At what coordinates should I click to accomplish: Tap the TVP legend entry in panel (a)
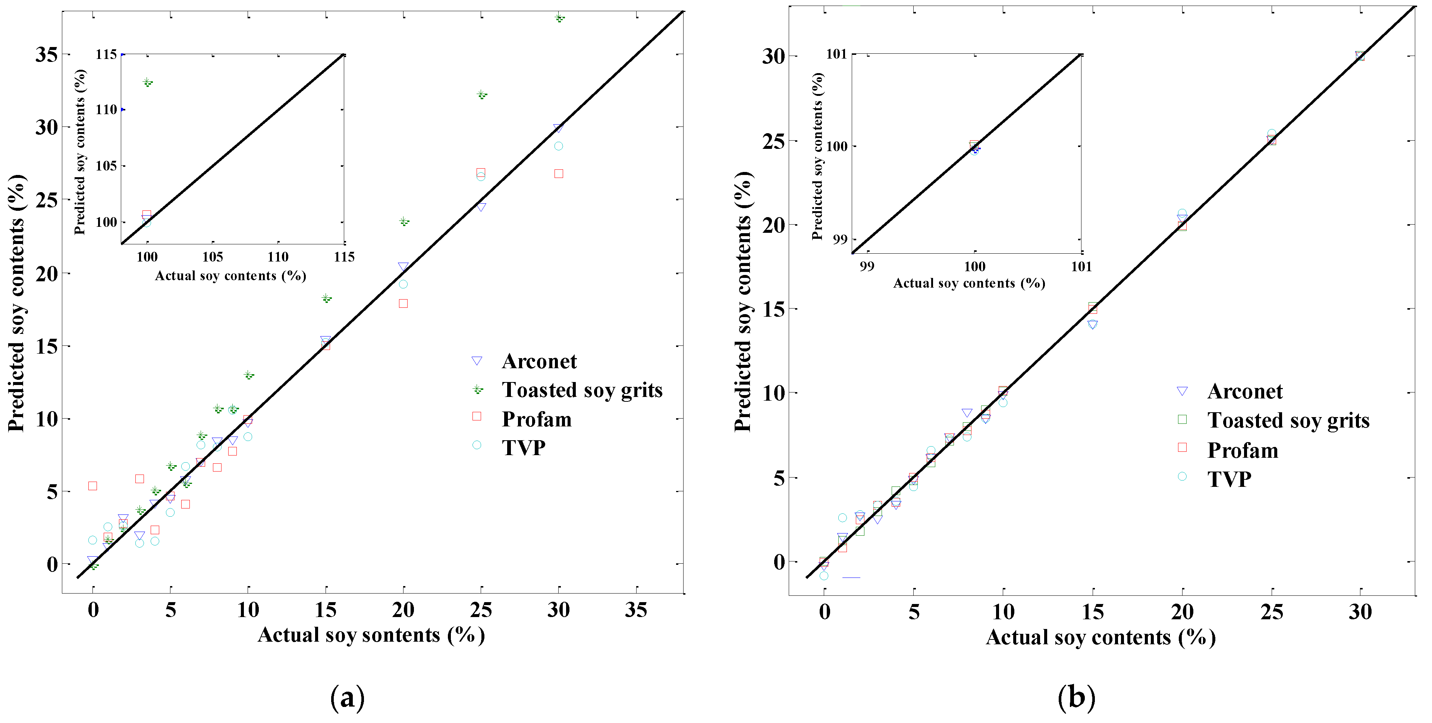point(523,448)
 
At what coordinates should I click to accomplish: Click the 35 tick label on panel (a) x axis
point(635,610)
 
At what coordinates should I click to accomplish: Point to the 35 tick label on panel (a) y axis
point(47,54)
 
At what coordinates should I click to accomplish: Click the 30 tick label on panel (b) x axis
point(1360,612)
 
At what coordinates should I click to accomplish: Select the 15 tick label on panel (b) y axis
point(773,309)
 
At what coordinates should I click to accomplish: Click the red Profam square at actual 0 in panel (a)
point(93,486)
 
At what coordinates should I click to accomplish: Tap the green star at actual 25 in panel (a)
point(481,94)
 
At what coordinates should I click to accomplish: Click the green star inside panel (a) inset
point(147,82)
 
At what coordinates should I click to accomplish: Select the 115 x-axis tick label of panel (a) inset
point(344,257)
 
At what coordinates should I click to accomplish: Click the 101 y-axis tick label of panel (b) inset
point(836,54)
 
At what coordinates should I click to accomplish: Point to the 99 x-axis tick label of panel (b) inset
point(867,266)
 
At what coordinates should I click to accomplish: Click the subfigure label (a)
point(348,697)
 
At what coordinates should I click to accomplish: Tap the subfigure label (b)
point(1076,697)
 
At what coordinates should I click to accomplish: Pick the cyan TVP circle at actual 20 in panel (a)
point(403,284)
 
